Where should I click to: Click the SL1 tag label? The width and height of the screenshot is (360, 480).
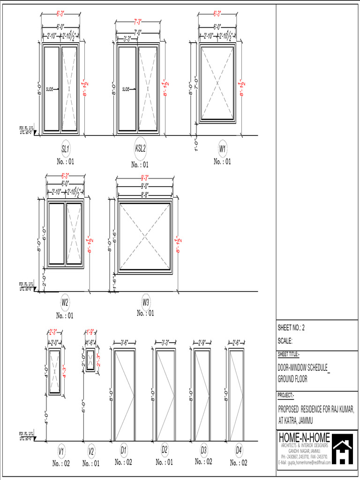(66, 149)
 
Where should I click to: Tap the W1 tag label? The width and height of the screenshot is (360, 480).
(223, 149)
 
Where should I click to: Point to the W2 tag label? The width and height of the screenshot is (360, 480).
(65, 302)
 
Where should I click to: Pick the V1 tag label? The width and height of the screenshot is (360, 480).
(61, 451)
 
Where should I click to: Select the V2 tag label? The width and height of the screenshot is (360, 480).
(91, 451)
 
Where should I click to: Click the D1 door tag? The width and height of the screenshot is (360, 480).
(123, 450)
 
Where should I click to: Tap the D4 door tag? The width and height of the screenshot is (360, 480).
(239, 450)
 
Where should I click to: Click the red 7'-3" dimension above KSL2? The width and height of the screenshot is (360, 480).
(138, 22)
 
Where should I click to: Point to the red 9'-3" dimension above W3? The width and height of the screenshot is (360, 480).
(144, 178)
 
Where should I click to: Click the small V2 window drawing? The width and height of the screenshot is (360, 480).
(90, 360)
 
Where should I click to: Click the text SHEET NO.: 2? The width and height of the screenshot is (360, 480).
(292, 328)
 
